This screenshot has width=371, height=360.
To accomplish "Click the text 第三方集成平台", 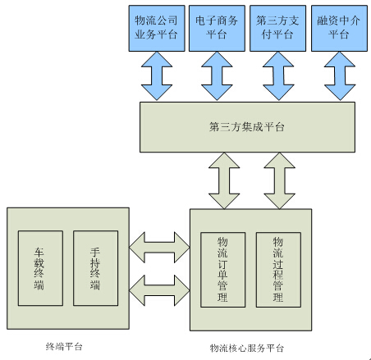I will [x=247, y=127].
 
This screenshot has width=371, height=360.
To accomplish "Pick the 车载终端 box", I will [x=40, y=268].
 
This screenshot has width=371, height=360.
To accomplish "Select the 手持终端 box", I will [x=95, y=268].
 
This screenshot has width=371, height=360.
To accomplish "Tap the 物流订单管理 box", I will [x=222, y=270].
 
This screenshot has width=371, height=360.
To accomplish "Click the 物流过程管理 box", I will [x=277, y=270].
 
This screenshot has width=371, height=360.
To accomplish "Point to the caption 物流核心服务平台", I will [x=248, y=349].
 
